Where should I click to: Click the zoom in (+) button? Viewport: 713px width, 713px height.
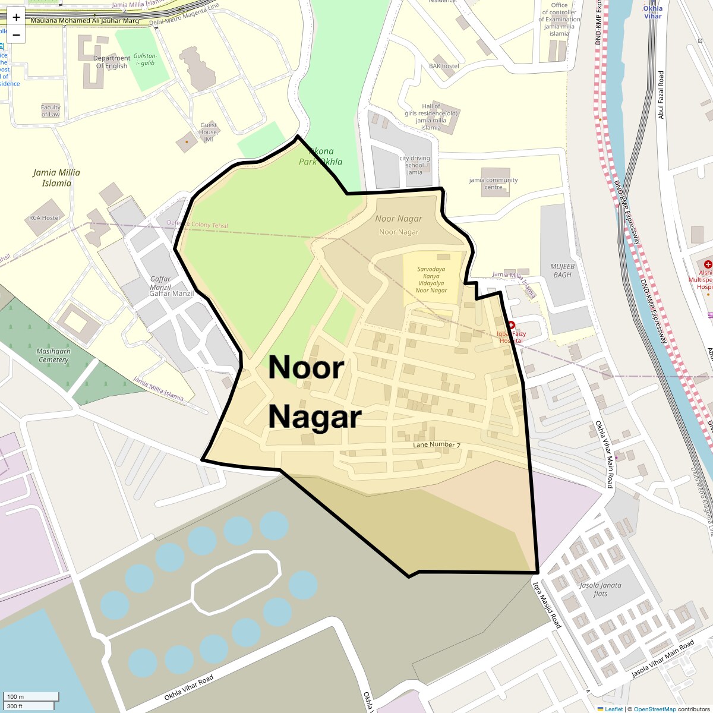[16, 17]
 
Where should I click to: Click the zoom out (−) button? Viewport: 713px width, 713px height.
[16, 35]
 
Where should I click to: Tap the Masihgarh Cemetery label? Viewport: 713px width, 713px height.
[53, 355]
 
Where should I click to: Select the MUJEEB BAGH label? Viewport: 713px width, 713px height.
[562, 271]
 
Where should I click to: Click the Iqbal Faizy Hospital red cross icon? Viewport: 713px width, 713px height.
[510, 325]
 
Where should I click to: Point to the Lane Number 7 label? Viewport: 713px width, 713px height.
[437, 444]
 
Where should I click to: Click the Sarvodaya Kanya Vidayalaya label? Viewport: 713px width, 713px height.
[431, 280]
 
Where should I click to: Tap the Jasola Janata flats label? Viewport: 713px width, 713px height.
[600, 589]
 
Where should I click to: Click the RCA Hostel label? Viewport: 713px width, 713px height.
[45, 218]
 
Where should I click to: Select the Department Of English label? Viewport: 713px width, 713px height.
[112, 62]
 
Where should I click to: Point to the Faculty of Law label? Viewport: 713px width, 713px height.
[51, 111]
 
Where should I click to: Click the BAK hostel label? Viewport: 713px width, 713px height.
[444, 66]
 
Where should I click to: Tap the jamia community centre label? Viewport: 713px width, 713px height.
[493, 183]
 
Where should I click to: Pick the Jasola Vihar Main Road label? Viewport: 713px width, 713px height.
[662, 659]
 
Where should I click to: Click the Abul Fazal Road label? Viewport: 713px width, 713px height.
[661, 95]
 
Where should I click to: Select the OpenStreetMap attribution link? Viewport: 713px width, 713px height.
[654, 709]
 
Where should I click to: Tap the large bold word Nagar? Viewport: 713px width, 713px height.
[315, 417]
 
